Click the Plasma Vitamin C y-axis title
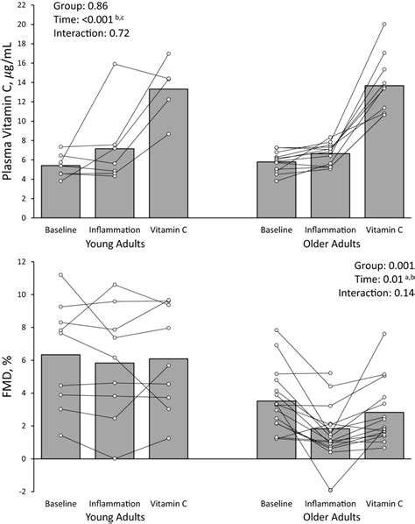(x=9, y=115)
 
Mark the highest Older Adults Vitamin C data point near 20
(x=383, y=24)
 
